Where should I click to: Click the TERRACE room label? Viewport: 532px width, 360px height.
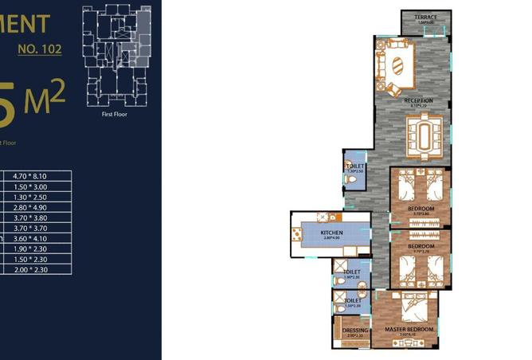point(425,17)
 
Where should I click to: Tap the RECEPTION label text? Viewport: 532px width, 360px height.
point(418,100)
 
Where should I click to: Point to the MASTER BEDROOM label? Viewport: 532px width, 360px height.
point(409,329)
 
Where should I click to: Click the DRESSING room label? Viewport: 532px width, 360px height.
point(354,330)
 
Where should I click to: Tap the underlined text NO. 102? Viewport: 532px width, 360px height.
point(40,49)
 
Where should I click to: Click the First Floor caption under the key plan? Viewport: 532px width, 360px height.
point(115,114)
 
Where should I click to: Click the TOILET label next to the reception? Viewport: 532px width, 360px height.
point(355,166)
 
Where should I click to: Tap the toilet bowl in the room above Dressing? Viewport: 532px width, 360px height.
point(341,307)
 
